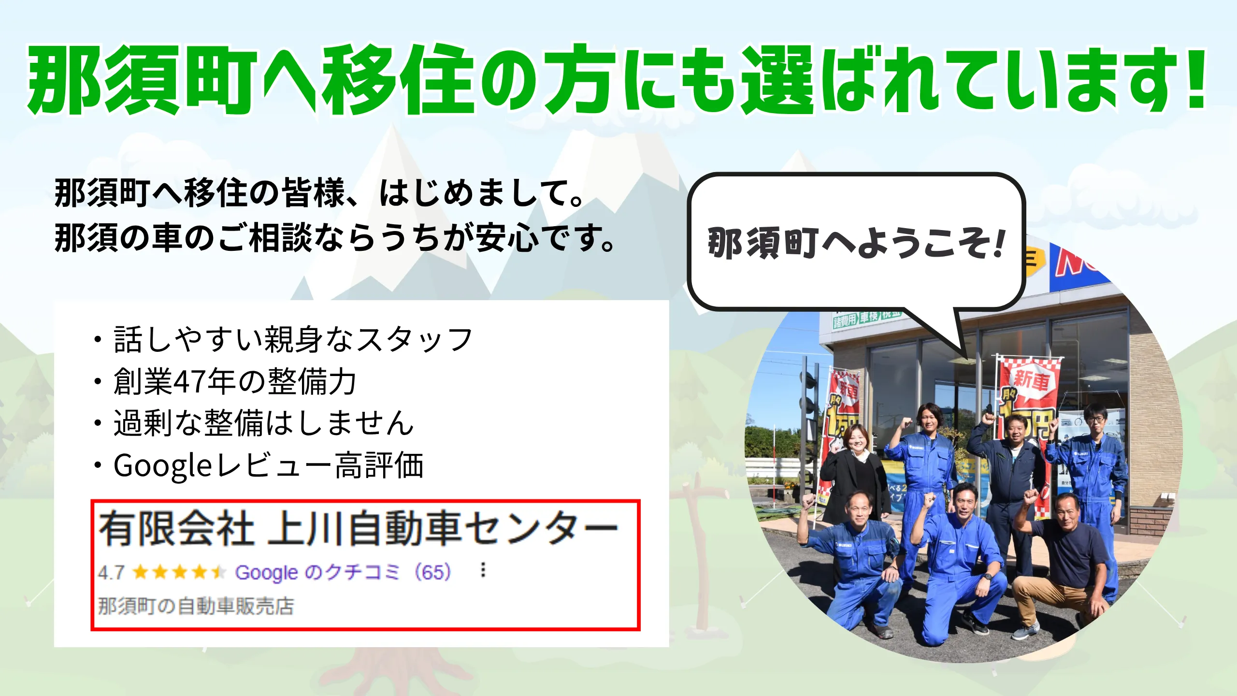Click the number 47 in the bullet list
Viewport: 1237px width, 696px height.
[x=190, y=381]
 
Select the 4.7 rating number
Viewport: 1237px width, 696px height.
[x=112, y=573]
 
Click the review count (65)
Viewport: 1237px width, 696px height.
[x=433, y=572]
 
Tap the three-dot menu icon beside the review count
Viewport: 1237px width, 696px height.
[x=482, y=570]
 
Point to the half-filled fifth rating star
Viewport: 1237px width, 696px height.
[x=218, y=572]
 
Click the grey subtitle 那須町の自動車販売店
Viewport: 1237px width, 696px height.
[x=196, y=606]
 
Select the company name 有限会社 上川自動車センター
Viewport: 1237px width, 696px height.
[x=358, y=529]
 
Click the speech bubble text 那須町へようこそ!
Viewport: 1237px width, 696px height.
[x=857, y=243]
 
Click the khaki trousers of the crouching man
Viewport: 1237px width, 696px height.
[x=1053, y=599]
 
